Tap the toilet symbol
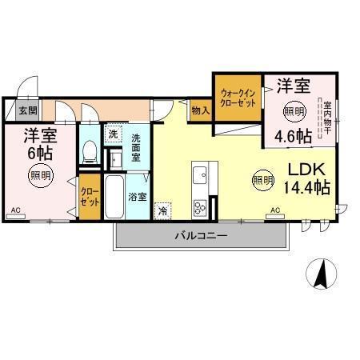click(x=90, y=151)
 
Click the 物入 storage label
click(x=200, y=110)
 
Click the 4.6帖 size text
click(x=294, y=136)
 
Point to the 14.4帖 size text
click(x=307, y=190)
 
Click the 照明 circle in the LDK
click(x=262, y=180)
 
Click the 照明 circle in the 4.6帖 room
click(x=294, y=110)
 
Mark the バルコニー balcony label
click(x=202, y=236)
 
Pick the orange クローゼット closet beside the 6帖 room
click(x=89, y=197)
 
